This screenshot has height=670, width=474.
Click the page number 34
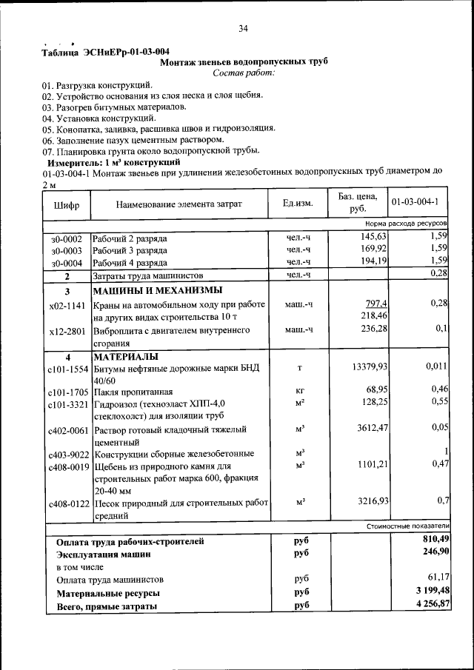pyautogui.click(x=244, y=29)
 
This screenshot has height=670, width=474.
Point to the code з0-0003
pyautogui.click(x=66, y=250)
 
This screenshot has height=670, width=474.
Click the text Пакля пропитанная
pyautogui.click(x=133, y=392)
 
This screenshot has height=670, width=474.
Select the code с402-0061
pyautogui.click(x=67, y=429)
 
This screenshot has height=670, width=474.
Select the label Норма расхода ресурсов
pyautogui.click(x=407, y=223)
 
